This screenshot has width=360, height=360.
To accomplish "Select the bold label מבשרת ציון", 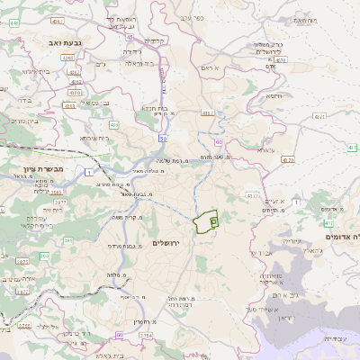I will click(33, 169).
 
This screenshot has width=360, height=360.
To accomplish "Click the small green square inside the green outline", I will click(213, 219).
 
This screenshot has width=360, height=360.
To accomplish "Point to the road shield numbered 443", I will click(14, 22).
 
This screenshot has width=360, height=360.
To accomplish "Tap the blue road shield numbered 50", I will click(163, 139).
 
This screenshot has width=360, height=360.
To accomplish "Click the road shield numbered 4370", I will click(287, 159).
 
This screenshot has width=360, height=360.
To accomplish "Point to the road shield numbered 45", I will click(130, 38).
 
